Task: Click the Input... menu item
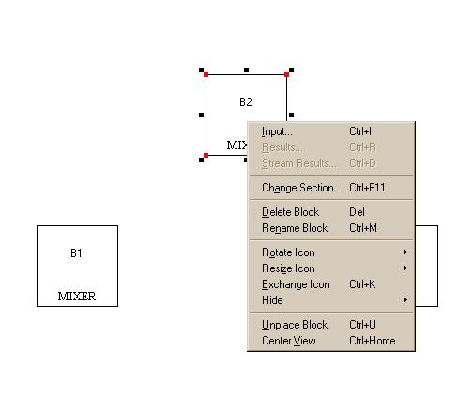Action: click(277, 131)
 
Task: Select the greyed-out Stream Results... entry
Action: click(299, 163)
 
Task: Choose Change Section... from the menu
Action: click(301, 188)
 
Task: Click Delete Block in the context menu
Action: click(290, 212)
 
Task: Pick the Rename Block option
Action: click(295, 228)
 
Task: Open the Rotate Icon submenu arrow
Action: click(405, 252)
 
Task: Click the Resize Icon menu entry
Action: click(288, 268)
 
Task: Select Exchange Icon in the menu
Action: click(296, 284)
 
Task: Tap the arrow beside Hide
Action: click(405, 300)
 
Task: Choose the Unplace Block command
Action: click(295, 325)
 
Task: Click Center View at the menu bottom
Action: click(289, 341)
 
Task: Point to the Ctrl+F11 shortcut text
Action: click(367, 188)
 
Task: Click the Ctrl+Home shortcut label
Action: click(373, 341)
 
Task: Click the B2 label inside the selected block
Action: click(246, 102)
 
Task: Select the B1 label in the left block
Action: click(76, 253)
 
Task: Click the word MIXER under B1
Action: click(77, 297)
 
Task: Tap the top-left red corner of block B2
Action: click(206, 74)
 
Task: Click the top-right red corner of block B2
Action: click(286, 74)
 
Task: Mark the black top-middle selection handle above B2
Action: click(246, 70)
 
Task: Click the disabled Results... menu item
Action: click(282, 147)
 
